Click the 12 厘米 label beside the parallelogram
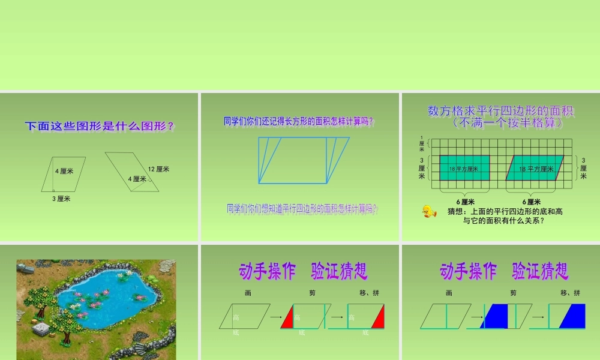158,169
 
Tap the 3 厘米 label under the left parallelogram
60,199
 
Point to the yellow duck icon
428,211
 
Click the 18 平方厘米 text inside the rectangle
464,169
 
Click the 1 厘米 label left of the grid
421,143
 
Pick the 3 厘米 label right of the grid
583,168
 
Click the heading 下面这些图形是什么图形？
100,127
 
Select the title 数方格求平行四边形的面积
501,111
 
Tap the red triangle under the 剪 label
287,318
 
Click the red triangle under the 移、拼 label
377,317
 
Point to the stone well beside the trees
41,329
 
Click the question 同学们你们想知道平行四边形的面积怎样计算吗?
302,209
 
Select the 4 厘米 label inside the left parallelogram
64,172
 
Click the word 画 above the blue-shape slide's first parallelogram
448,293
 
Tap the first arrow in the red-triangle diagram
275,316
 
